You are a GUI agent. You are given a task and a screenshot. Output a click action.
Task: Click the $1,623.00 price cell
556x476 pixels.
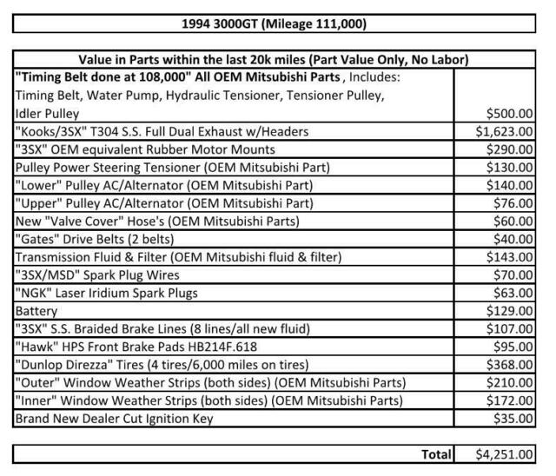tap(505, 132)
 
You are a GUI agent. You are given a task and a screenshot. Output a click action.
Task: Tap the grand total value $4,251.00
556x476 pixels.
tap(505, 453)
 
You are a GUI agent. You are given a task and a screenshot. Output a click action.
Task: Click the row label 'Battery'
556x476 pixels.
tap(36, 310)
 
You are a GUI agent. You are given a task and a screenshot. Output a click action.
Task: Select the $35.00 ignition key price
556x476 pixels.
tap(515, 419)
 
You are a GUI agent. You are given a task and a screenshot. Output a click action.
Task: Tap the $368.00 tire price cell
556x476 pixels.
tap(512, 365)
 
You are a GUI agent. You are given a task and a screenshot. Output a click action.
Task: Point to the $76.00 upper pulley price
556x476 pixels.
tap(515, 202)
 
